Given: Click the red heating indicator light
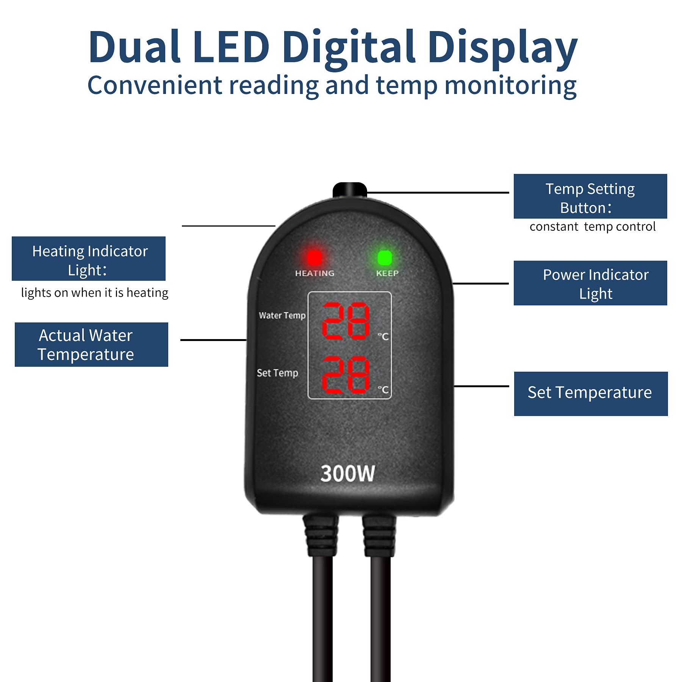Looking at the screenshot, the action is pyautogui.click(x=314, y=258).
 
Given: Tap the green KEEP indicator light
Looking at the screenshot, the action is pyautogui.click(x=385, y=258).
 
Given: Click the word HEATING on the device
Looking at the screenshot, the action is pyautogui.click(x=315, y=273).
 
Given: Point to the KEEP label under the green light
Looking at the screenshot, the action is pyautogui.click(x=387, y=273).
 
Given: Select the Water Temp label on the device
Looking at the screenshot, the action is pyautogui.click(x=282, y=315).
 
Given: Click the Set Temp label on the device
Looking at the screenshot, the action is pyautogui.click(x=277, y=373).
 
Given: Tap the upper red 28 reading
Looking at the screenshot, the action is pyautogui.click(x=346, y=321).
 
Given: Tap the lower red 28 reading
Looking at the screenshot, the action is pyautogui.click(x=346, y=374).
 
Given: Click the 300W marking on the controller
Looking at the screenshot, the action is pyautogui.click(x=347, y=474).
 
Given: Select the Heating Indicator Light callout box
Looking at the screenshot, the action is pyautogui.click(x=89, y=258).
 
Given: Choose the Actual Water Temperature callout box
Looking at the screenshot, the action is pyautogui.click(x=91, y=344).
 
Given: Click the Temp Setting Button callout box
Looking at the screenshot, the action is pyautogui.click(x=590, y=196).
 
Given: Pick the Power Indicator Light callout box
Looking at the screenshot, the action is pyautogui.click(x=590, y=283).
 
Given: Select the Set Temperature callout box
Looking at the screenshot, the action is pyautogui.click(x=591, y=394).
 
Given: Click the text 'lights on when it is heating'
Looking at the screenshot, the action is pyautogui.click(x=95, y=293).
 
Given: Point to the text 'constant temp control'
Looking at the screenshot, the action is pyautogui.click(x=593, y=227).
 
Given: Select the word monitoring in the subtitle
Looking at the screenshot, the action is pyautogui.click(x=510, y=86).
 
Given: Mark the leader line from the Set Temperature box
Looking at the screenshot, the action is pyautogui.click(x=481, y=386).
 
